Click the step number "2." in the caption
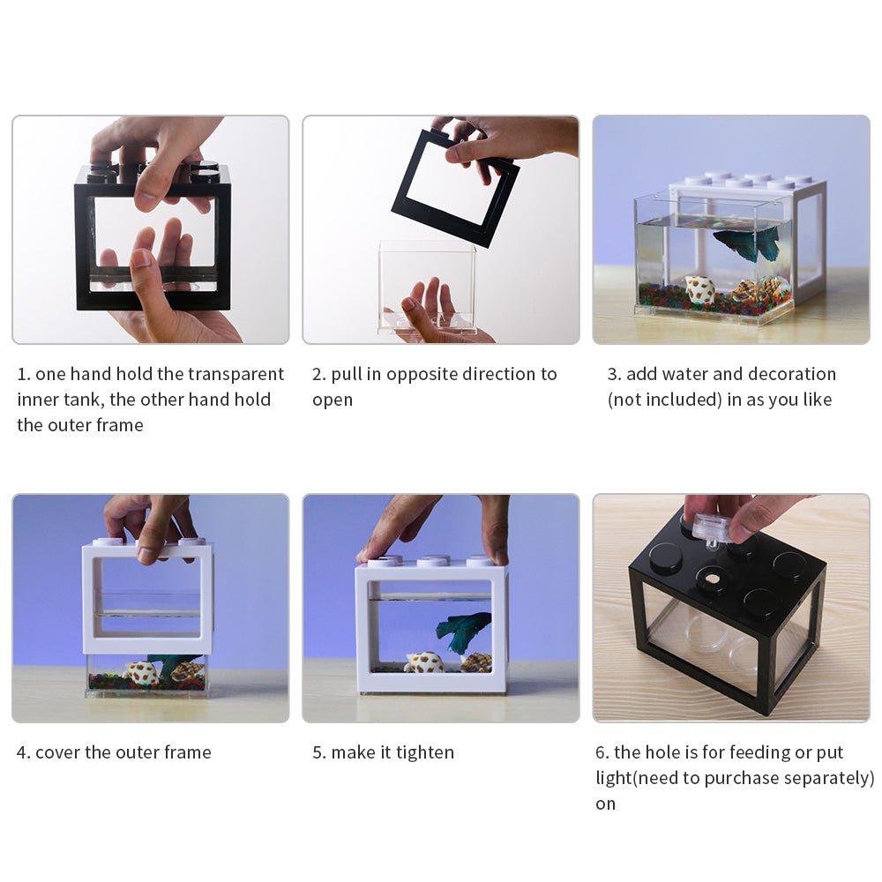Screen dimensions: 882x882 coord(319,374)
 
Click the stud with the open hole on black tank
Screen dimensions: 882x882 coord(712,580)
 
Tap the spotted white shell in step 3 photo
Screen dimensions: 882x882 coord(699,289)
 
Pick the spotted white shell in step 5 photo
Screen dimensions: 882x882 coord(423,661)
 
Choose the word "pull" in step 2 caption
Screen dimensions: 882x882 coord(346,374)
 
